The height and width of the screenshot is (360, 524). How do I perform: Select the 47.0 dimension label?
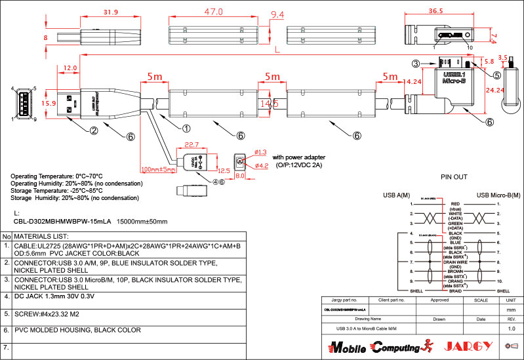[213, 12]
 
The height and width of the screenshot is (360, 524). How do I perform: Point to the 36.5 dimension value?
[435, 11]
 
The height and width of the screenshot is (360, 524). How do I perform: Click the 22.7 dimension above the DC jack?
[191, 145]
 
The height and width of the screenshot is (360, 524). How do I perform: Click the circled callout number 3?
[415, 64]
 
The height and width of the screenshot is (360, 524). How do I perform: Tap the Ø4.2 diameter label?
[261, 166]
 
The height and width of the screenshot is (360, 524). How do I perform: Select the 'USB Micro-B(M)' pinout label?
[498, 195]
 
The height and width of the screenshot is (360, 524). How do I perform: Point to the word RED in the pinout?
[456, 204]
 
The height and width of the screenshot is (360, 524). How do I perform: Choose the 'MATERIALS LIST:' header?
[42, 236]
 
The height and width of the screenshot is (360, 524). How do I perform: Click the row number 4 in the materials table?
[6, 296]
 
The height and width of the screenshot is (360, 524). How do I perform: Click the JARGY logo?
[466, 345]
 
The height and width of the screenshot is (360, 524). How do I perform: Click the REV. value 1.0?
[511, 328]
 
